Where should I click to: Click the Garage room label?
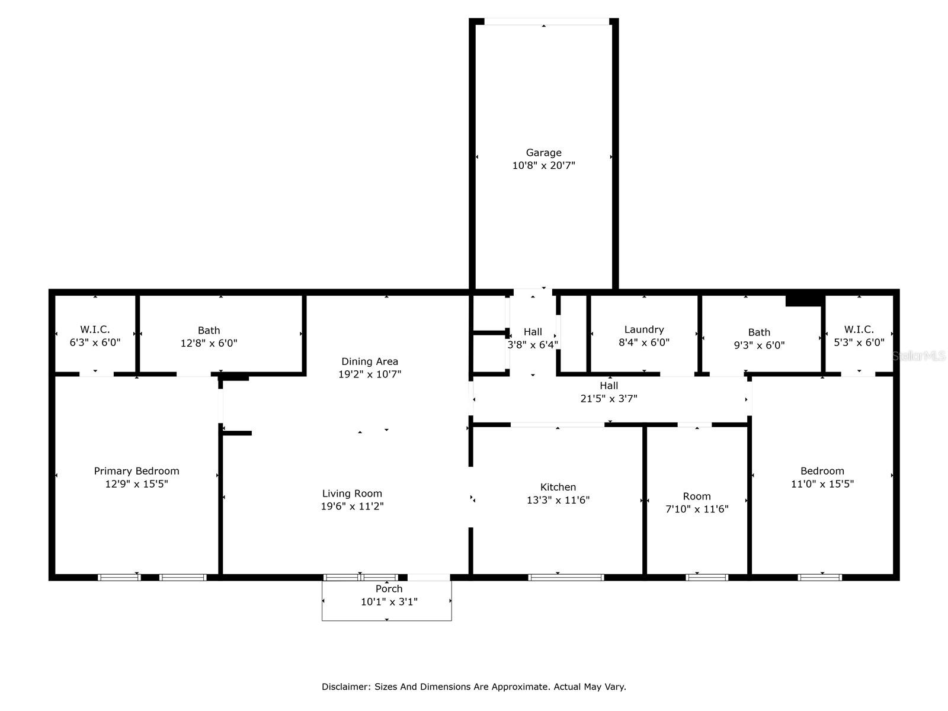click(543, 153)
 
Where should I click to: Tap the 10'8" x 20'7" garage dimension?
click(543, 166)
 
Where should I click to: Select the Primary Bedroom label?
click(136, 471)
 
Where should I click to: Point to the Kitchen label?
click(558, 487)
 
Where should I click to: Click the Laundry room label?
click(643, 329)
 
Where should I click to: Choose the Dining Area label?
click(369, 361)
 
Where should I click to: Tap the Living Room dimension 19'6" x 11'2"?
click(352, 507)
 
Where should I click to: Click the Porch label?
click(389, 589)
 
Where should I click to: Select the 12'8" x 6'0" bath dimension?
click(209, 343)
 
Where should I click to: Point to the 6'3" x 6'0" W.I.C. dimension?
click(95, 342)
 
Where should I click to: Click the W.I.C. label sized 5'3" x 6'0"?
click(859, 329)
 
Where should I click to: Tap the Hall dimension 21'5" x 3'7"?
click(608, 399)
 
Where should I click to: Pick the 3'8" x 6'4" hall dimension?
click(532, 345)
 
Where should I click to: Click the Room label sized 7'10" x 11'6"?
click(696, 497)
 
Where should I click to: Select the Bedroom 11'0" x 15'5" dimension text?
click(822, 484)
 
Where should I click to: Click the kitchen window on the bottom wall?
click(566, 577)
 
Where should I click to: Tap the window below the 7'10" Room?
click(706, 577)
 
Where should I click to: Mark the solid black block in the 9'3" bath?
click(804, 300)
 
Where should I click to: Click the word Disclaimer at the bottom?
click(345, 687)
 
